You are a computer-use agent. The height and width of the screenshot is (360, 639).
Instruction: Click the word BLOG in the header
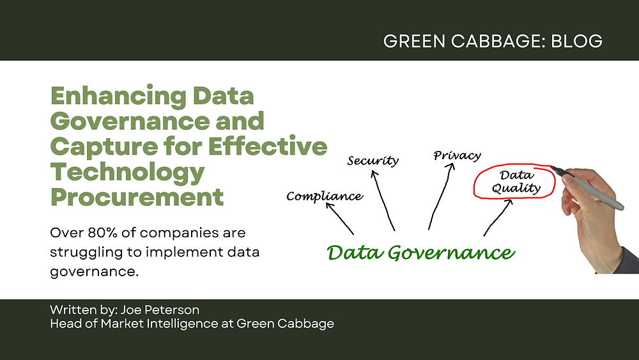[576, 41]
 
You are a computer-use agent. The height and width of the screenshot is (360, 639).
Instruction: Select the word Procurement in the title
[137, 197]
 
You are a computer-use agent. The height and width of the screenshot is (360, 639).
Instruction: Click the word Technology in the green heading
[128, 172]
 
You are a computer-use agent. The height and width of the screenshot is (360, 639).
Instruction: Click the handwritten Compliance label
[325, 196]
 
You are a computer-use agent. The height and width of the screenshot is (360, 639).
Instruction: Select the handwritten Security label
[373, 160]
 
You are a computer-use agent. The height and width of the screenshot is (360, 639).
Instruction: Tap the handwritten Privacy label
[458, 155]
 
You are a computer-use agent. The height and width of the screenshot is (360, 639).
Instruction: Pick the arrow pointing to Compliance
[339, 219]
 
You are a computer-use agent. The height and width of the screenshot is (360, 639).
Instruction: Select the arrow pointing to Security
[383, 201]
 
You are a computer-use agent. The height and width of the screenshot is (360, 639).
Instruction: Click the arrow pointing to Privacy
[442, 196]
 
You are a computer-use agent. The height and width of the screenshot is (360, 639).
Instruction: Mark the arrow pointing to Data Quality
[498, 217]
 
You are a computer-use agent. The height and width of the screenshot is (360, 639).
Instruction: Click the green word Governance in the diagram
[451, 253]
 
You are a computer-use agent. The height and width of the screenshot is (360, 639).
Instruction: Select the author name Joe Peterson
[160, 310]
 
